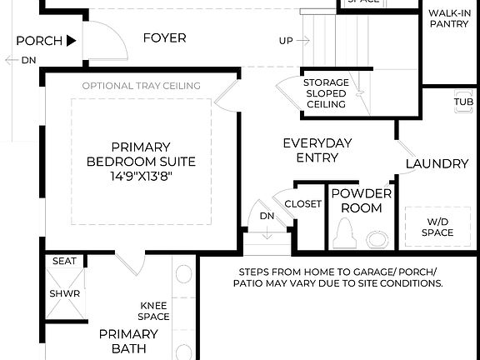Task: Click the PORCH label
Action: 38,40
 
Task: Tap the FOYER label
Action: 164,38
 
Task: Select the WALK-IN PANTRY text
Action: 449,19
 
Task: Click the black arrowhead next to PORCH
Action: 72,40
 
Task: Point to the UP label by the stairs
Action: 286,40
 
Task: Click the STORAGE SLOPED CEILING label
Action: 326,93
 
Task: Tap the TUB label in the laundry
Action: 463,102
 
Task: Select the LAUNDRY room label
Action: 437,163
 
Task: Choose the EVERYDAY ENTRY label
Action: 317,150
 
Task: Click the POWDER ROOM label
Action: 361,200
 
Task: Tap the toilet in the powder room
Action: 343,234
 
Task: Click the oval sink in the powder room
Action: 377,240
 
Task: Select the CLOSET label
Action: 302,204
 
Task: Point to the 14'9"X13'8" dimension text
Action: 142,177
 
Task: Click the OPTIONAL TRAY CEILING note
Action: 142,86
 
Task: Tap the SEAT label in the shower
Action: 64,261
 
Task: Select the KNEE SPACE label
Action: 154,311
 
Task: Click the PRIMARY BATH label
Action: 128,342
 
